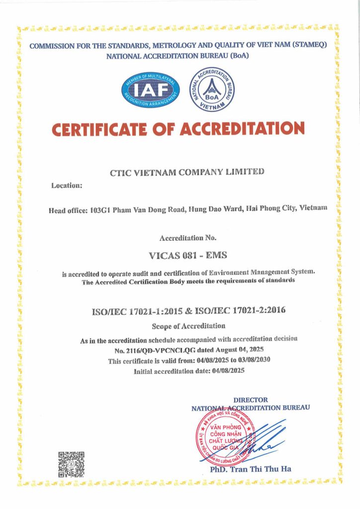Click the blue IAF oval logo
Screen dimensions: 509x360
coord(151,90)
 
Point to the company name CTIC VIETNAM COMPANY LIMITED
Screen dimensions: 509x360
coord(186,172)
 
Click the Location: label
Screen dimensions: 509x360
coord(67,186)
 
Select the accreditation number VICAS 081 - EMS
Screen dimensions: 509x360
coord(187,255)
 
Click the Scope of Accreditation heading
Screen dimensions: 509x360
coord(188,326)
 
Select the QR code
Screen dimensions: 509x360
coord(71,464)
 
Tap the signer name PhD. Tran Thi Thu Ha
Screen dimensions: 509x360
coord(251,469)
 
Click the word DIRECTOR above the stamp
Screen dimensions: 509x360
coord(251,400)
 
